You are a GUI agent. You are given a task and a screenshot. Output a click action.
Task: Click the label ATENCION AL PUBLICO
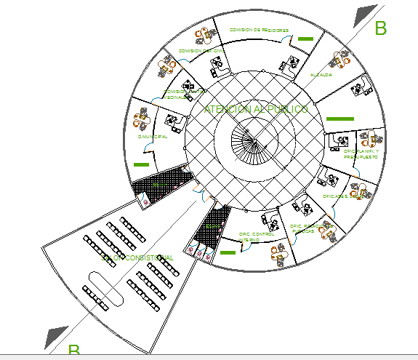(256, 109)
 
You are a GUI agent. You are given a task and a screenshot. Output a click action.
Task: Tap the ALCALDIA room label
(321, 75)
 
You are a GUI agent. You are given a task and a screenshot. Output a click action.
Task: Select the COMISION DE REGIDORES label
(259, 30)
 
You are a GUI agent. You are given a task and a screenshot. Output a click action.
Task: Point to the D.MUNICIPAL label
(153, 136)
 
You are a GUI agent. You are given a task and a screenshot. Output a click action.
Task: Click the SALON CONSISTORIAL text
(138, 257)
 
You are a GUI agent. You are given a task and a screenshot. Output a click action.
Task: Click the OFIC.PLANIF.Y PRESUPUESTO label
(361, 153)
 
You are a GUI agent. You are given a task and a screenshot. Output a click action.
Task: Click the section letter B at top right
(380, 28)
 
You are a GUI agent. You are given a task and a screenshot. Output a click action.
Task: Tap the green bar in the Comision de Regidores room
(305, 39)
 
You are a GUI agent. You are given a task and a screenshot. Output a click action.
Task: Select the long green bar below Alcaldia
(339, 118)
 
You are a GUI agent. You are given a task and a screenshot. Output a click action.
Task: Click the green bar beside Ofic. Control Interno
(228, 252)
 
